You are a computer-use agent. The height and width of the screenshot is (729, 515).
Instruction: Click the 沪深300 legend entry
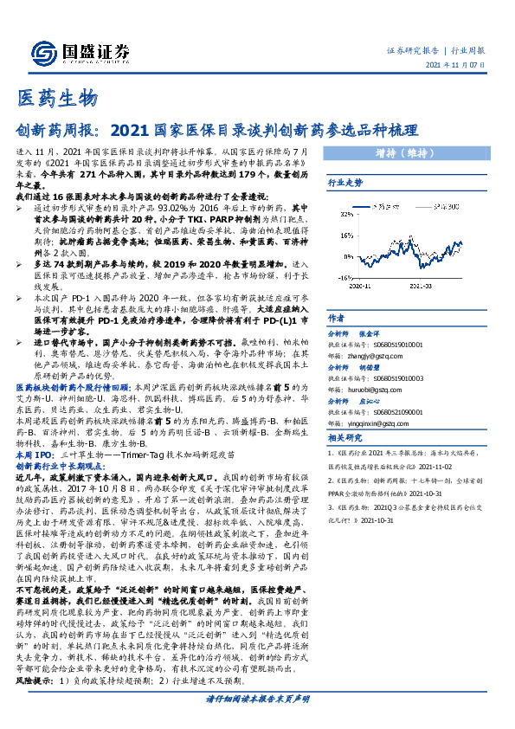(x=449, y=208)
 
